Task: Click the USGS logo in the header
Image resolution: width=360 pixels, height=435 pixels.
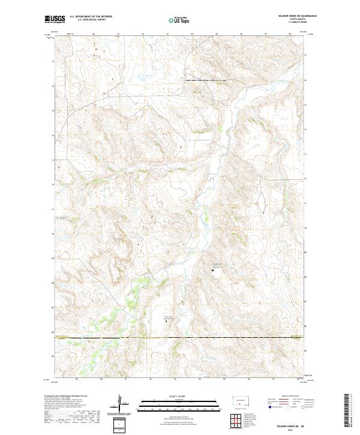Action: pos(55,20)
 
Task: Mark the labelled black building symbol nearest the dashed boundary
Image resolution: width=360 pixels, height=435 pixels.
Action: pos(166,322)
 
